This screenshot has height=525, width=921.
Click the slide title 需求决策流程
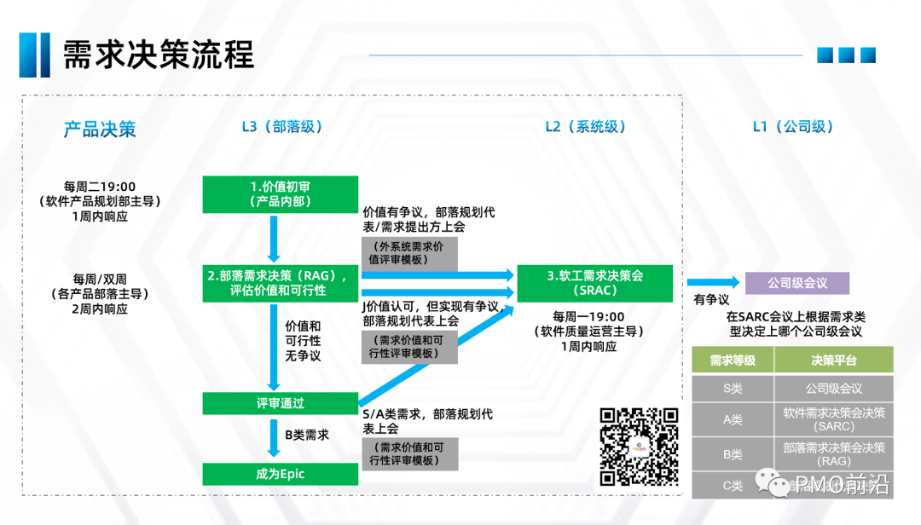click(159, 55)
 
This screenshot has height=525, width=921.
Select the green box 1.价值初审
click(280, 194)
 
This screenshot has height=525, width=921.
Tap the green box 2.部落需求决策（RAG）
click(280, 283)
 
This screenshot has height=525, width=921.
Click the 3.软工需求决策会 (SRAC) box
click(594, 283)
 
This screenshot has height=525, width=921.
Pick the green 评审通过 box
click(280, 403)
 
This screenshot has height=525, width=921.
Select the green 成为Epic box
click(280, 474)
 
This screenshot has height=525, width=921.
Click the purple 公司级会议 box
click(797, 283)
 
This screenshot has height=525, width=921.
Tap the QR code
click(640, 446)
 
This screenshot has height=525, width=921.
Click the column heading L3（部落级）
click(281, 127)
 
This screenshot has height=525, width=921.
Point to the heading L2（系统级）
click(586, 127)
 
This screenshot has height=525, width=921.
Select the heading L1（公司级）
click(793, 127)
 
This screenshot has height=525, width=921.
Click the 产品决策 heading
click(100, 130)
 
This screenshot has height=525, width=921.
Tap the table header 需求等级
click(733, 360)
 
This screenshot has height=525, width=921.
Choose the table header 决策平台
click(833, 360)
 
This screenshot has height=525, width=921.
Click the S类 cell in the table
click(733, 389)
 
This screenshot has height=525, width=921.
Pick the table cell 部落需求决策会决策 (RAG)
click(833, 453)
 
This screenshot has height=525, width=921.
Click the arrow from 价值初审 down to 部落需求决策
click(274, 238)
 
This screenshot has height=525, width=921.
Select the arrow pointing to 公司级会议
click(713, 283)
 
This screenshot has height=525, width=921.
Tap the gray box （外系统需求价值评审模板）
click(409, 254)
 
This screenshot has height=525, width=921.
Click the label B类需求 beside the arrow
click(307, 435)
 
